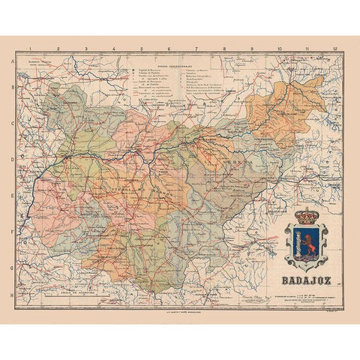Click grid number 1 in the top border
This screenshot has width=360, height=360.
click(x=31, y=54)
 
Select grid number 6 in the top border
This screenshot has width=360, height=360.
click(x=169, y=54)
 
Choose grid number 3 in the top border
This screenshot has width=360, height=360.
click(x=86, y=54)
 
